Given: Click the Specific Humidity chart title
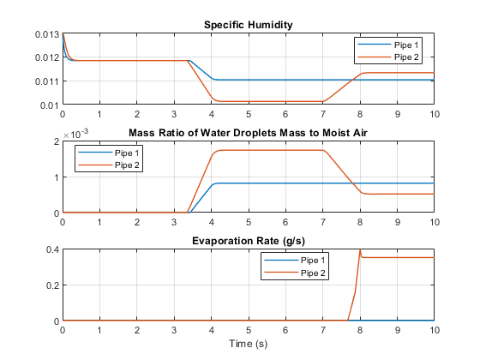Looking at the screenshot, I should (x=248, y=25).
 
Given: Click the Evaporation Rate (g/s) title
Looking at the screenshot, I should (x=248, y=241).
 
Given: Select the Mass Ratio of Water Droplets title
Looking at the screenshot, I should (x=248, y=133).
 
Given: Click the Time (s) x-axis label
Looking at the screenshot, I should (x=248, y=344).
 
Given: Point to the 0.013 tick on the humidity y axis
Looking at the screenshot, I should (x=47, y=33).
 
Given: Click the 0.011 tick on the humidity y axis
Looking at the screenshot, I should (x=47, y=81).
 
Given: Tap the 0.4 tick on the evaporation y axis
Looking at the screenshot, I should (x=50, y=249).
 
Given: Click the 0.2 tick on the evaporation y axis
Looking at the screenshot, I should (x=50, y=285).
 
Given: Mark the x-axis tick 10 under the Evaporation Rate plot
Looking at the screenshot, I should (x=435, y=330).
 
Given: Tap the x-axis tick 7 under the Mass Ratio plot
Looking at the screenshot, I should (x=323, y=222).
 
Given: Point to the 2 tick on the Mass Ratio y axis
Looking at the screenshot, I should (x=55, y=141).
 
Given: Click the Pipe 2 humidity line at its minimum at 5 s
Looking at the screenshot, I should (x=249, y=102).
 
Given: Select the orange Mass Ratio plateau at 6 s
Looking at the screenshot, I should (x=285, y=150).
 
